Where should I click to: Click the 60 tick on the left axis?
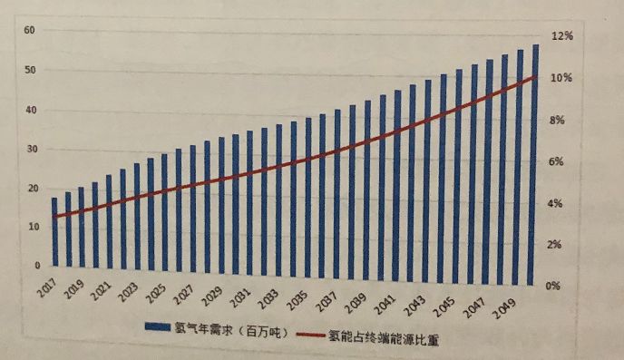pos(29,30)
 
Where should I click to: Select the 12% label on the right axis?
pos(563,36)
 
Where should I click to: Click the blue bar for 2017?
pos(54,233)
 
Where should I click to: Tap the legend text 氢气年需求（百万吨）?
pos(236,330)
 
